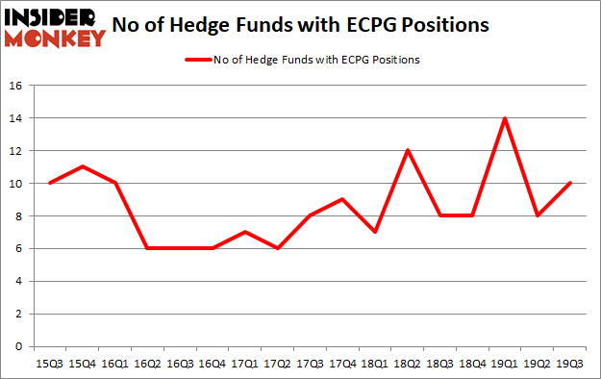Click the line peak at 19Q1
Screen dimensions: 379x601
click(x=505, y=118)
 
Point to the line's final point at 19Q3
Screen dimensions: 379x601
click(x=570, y=183)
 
